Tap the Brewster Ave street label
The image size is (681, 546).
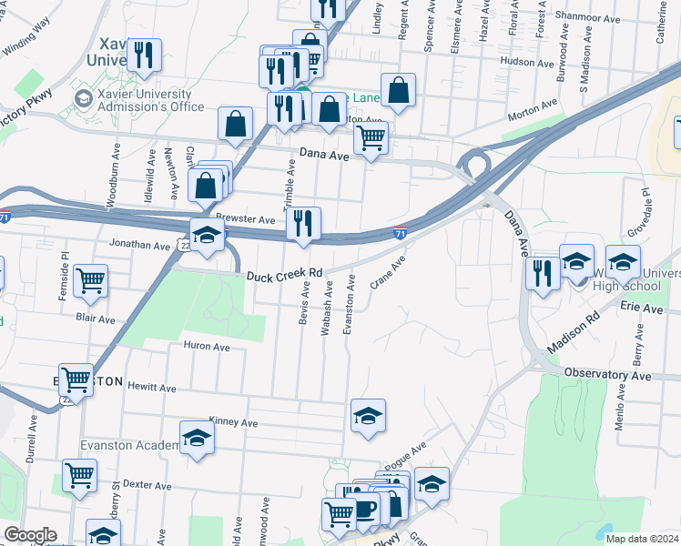[245, 220]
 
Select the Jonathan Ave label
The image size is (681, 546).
[139, 246]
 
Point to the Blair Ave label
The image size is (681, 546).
[96, 319]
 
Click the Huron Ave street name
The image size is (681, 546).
[207, 347]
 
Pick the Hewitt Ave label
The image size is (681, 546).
[152, 388]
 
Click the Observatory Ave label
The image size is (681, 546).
[608, 375]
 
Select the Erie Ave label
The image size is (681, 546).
[642, 309]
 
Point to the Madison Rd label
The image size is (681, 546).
[575, 334]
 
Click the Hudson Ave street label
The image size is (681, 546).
[528, 64]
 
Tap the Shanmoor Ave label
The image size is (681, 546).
[587, 17]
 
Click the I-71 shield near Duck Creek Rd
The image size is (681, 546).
[400, 234]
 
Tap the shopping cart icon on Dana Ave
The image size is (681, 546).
[371, 138]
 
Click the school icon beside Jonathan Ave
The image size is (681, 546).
[207, 236]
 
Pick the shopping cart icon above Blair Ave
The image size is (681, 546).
[91, 281]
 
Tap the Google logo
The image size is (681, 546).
[29, 535]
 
